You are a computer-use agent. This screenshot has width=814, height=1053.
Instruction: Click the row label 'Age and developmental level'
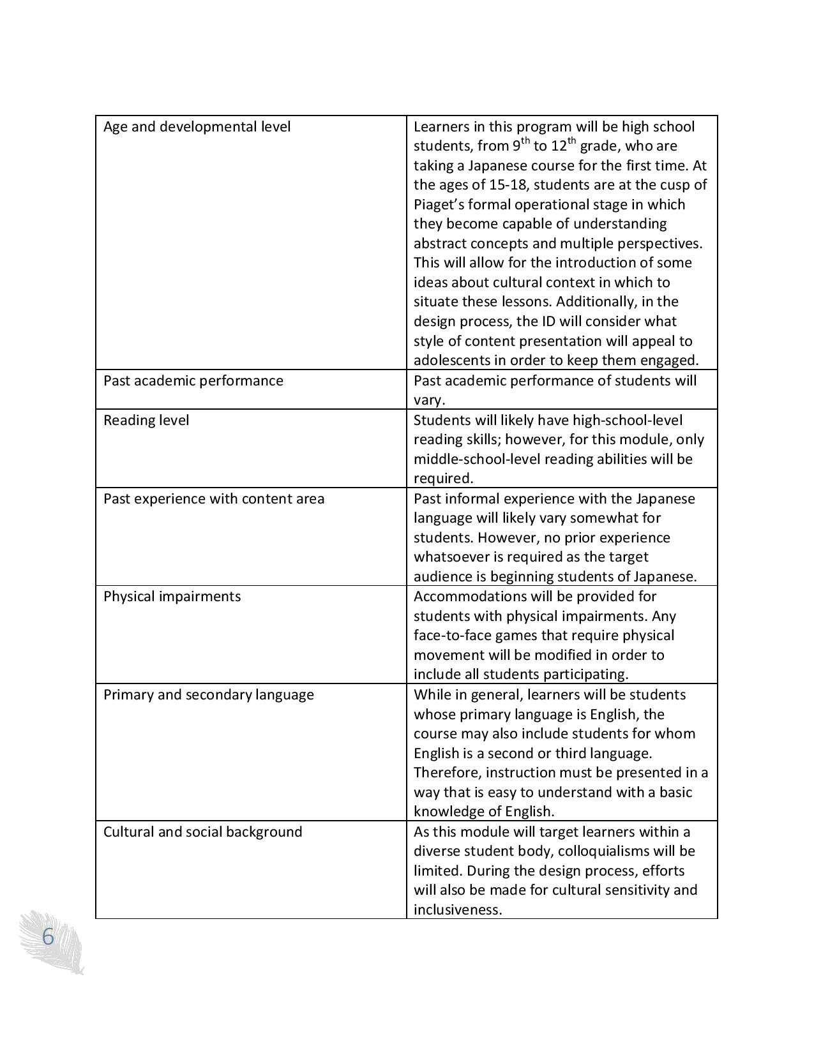197,126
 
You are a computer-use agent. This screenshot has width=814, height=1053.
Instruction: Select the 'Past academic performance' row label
193,380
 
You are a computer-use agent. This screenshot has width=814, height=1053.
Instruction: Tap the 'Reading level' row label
146,420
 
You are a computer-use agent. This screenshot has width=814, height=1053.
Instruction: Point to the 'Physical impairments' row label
172,596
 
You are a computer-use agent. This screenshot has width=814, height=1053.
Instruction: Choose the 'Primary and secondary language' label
208,694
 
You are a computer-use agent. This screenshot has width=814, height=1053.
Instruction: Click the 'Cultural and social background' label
202,832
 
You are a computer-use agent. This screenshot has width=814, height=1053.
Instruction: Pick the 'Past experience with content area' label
213,498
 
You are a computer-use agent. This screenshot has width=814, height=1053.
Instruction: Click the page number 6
48,937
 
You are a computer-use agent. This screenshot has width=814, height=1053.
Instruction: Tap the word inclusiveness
457,910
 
